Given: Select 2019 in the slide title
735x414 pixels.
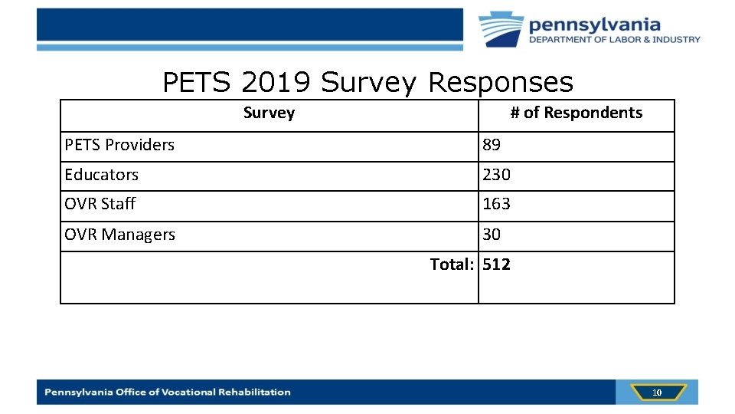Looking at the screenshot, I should point(278,83).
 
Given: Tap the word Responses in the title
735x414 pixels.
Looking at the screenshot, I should point(500,83).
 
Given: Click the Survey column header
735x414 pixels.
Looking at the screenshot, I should point(269,113).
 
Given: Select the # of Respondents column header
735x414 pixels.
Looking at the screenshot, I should point(576,113).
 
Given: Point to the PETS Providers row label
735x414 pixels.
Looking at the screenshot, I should point(119,145).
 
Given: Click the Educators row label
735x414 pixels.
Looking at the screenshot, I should point(102,175).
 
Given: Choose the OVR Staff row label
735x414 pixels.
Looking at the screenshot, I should point(100,204).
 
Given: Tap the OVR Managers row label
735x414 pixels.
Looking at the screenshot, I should point(120,235).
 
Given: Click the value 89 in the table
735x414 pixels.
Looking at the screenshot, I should point(492,145).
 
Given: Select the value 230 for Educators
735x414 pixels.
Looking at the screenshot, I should point(496,175).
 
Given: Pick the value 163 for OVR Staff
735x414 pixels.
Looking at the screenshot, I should point(496,204).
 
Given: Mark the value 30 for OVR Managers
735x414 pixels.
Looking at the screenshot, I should point(492,235).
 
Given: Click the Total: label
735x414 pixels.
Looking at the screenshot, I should point(452,264).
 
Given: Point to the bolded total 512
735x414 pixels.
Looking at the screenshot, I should point(497,264).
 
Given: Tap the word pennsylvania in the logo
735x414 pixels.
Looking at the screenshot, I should point(594,24).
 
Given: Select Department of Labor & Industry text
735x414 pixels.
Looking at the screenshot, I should point(614,40).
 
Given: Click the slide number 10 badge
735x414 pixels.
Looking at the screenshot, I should point(656,393).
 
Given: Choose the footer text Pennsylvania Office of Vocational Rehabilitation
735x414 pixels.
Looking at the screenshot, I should point(168,393).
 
